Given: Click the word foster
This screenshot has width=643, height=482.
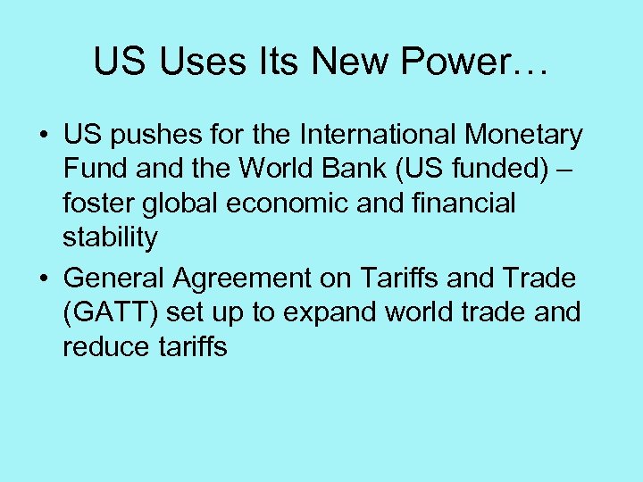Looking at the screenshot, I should (x=99, y=203).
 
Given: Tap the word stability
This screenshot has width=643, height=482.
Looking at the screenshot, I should (x=110, y=237).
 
